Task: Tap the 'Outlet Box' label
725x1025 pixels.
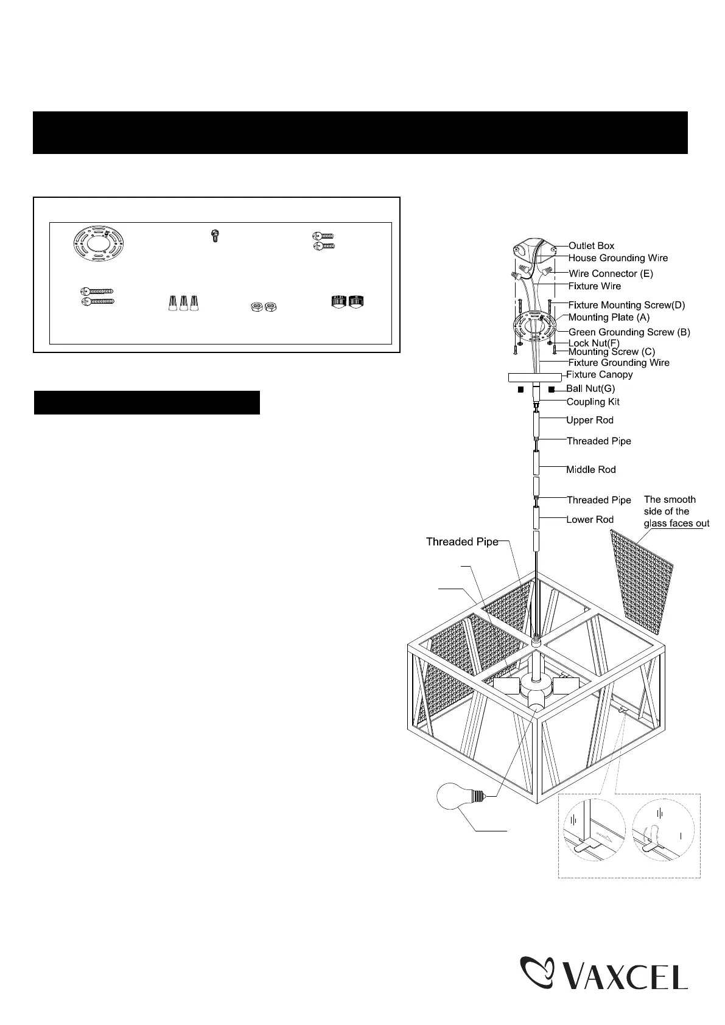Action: tap(591, 246)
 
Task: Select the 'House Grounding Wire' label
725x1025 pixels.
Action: tap(618, 258)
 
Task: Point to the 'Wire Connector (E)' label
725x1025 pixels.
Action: tap(611, 274)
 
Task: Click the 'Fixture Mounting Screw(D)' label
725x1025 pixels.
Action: tap(626, 305)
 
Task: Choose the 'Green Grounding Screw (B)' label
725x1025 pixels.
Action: tap(629, 332)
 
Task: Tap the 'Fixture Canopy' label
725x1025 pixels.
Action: tap(600, 374)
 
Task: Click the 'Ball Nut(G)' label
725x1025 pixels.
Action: tap(590, 388)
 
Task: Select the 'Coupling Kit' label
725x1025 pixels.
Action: tap(593, 402)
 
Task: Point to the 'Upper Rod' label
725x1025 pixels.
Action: tap(590, 420)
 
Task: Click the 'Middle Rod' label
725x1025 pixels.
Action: tap(591, 469)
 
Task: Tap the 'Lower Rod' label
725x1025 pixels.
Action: tap(590, 520)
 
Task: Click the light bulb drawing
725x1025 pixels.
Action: tap(460, 796)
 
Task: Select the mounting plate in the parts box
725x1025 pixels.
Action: tap(99, 243)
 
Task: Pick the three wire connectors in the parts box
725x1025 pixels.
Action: tap(183, 303)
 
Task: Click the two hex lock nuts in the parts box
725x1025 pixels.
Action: tap(264, 307)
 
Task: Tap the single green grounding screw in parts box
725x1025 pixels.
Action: tap(215, 236)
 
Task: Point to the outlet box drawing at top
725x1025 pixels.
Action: tap(534, 250)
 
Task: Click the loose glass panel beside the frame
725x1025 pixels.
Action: tap(642, 582)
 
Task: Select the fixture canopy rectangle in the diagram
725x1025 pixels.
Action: tap(534, 377)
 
